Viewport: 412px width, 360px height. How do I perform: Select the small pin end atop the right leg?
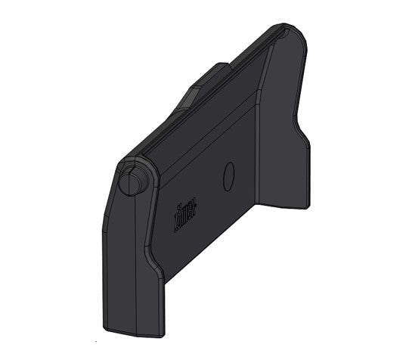click(x=283, y=33)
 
